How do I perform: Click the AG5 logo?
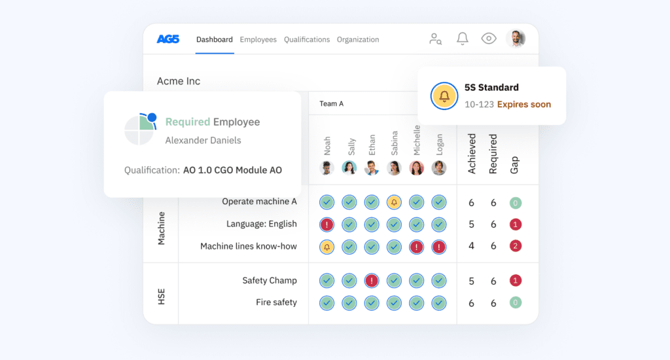168,39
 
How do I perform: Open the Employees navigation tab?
258,39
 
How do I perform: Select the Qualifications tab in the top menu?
306,39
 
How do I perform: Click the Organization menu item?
358,39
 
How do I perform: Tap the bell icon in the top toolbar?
462,39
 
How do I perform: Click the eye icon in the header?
489,39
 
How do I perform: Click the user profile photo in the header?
516,39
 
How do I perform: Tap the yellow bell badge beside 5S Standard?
444,96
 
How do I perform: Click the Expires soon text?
523,104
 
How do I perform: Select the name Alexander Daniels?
203,140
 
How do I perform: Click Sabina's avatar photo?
394,168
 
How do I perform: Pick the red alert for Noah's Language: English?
327,225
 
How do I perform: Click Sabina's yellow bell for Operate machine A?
394,202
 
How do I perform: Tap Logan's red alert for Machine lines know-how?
439,247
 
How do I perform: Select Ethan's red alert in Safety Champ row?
372,281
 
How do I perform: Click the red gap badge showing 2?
516,247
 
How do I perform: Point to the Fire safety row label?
276,302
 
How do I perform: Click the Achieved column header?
472,154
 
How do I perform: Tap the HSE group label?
161,293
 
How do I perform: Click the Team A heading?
331,103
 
